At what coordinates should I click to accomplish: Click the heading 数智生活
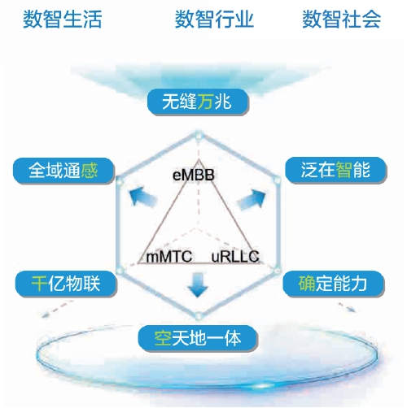(x=63, y=19)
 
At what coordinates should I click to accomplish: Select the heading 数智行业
(x=214, y=19)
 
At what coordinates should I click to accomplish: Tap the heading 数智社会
(x=342, y=19)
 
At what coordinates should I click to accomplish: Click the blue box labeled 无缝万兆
(x=198, y=102)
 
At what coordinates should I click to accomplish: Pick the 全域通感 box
(x=63, y=171)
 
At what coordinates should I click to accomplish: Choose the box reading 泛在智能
(x=336, y=170)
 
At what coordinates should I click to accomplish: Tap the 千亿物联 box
(x=66, y=284)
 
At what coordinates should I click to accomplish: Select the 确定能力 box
(x=333, y=284)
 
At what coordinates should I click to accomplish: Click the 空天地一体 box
(x=198, y=338)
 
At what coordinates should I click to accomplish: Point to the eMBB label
(x=194, y=175)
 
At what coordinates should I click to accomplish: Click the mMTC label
(x=169, y=257)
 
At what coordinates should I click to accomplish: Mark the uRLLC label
(x=235, y=257)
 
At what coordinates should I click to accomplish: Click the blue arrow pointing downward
(x=198, y=284)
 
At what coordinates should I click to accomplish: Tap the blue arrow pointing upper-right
(x=252, y=198)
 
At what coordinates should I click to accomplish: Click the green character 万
(x=205, y=102)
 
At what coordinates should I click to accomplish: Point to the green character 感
(x=90, y=171)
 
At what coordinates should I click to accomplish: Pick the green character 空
(x=163, y=338)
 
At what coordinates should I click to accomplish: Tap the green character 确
(x=307, y=284)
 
